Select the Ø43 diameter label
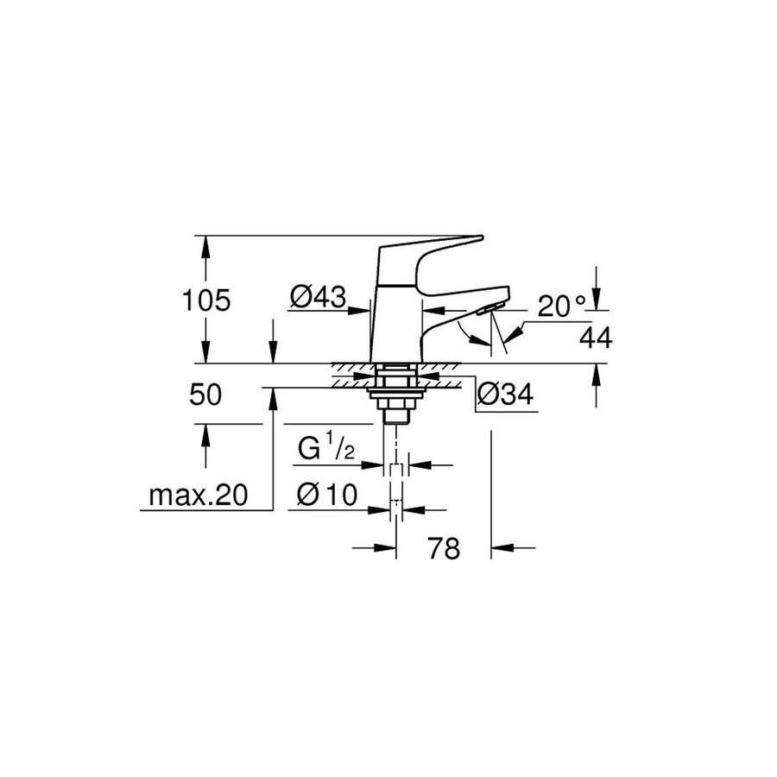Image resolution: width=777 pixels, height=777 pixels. [318, 298]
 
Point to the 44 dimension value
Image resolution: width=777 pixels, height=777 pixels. [595, 339]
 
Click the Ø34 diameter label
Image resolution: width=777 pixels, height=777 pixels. [504, 395]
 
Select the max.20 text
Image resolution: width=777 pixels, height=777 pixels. [198, 496]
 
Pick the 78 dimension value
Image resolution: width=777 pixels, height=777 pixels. [444, 548]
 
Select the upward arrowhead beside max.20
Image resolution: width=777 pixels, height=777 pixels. [273, 398]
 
